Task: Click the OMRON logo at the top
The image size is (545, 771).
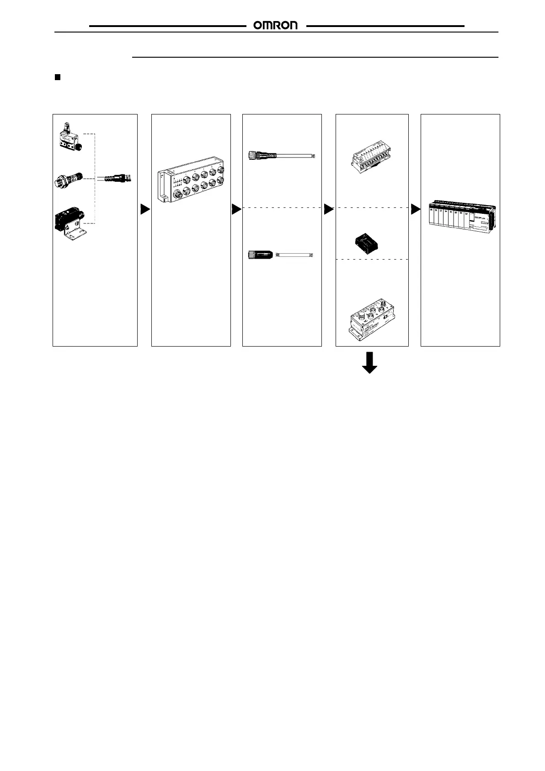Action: (x=276, y=26)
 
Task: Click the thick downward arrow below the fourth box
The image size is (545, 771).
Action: (x=369, y=363)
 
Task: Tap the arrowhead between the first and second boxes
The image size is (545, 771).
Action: (x=145, y=210)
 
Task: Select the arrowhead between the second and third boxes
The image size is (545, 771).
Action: (x=236, y=210)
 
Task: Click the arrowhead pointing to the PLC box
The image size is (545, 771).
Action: (x=415, y=210)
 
